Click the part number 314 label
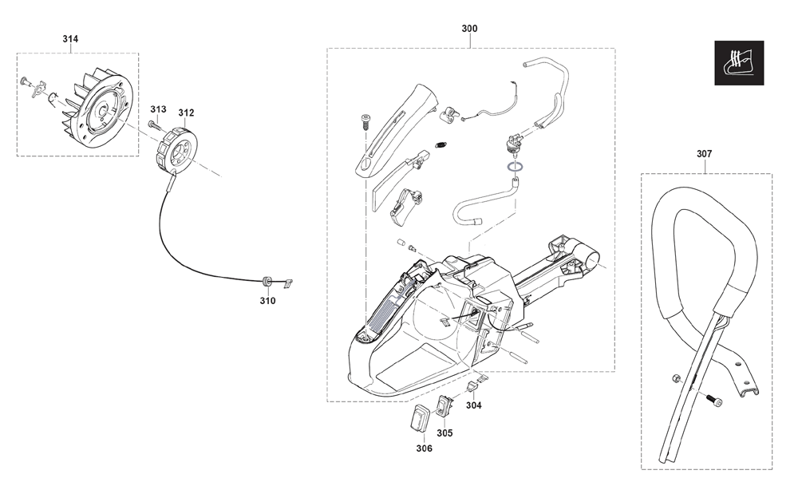(70, 38)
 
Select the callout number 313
(158, 109)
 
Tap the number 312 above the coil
(186, 113)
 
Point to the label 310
(267, 301)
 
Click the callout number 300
(469, 29)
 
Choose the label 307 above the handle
(705, 153)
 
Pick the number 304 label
(473, 405)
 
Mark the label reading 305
(444, 433)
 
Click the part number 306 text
(424, 449)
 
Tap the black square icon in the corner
(739, 62)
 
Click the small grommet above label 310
(266, 282)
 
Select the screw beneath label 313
(154, 124)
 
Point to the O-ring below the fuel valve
(515, 166)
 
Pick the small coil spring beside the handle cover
(441, 144)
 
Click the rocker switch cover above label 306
(421, 417)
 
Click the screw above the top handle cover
(365, 122)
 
